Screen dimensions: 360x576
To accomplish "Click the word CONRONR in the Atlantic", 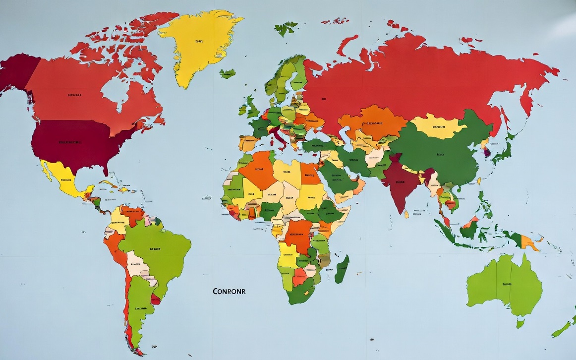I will tap(229, 291).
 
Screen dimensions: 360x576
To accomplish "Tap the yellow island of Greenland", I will tap(199, 45).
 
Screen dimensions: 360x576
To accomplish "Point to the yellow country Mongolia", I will tap(439, 127).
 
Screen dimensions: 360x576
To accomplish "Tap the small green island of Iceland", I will tap(228, 73).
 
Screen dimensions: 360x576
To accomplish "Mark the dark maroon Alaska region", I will tap(17, 72).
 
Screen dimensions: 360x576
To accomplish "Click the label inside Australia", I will tap(507, 284).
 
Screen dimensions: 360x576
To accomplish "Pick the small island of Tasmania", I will tap(520, 323).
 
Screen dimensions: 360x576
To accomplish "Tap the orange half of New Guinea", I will tap(529, 243).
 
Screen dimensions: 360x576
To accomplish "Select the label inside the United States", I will tap(70, 142).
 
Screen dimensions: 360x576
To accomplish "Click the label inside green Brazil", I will tap(155, 249).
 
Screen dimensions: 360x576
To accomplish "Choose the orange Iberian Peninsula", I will tap(248, 143).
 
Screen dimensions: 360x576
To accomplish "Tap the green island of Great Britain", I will tap(252, 107).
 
